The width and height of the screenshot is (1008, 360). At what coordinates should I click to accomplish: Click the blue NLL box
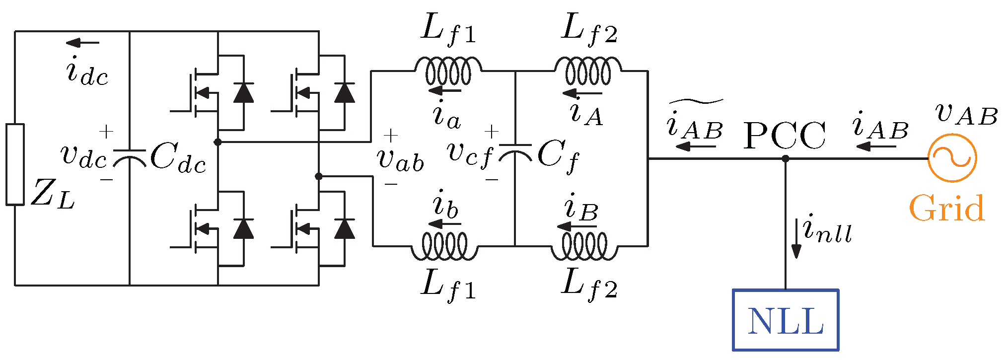click(x=786, y=320)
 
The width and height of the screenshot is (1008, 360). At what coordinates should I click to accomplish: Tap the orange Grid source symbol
click(x=952, y=158)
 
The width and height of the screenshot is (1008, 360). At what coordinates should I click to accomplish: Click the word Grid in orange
click(x=946, y=209)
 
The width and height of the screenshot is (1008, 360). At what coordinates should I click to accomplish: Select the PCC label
click(x=784, y=136)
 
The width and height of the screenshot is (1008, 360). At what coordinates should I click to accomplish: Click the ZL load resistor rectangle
click(x=15, y=164)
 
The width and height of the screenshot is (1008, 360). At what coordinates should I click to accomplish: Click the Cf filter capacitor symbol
click(x=515, y=153)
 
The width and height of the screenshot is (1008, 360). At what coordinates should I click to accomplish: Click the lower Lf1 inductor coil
click(x=444, y=246)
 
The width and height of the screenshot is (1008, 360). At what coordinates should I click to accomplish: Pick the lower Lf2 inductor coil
click(x=584, y=246)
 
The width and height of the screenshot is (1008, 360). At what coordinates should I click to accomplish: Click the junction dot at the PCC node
click(x=786, y=159)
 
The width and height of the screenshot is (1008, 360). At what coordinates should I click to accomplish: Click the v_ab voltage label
click(x=400, y=160)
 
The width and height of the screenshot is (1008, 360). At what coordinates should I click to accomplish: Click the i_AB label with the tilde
click(x=695, y=124)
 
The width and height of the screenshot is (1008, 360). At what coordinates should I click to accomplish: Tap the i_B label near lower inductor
click(x=581, y=209)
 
